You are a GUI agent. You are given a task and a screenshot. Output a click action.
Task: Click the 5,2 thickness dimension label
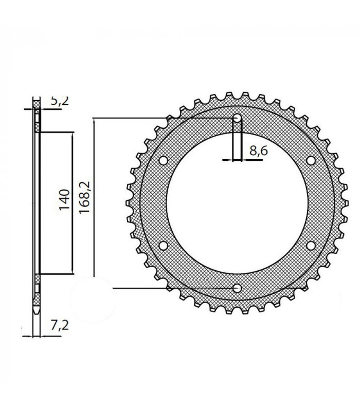click(59, 102)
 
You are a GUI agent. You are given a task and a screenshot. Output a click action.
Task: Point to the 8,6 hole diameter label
click(257, 151)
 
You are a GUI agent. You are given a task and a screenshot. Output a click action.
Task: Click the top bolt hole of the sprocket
click(237, 118)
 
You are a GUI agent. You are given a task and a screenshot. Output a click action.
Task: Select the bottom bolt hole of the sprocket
click(237, 288)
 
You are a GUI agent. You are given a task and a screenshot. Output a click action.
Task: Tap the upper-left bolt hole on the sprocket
click(163, 161)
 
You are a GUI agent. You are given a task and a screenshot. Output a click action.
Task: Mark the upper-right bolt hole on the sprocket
click(311, 161)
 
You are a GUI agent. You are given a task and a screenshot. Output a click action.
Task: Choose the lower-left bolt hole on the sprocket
click(163, 246)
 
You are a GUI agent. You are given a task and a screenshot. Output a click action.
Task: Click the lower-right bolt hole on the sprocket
click(311, 246)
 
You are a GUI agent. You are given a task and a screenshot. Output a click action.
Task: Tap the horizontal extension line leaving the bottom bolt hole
click(170, 288)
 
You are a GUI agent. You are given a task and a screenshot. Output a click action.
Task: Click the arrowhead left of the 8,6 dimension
click(229, 160)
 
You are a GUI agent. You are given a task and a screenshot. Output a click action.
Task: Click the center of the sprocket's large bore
click(237, 203)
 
